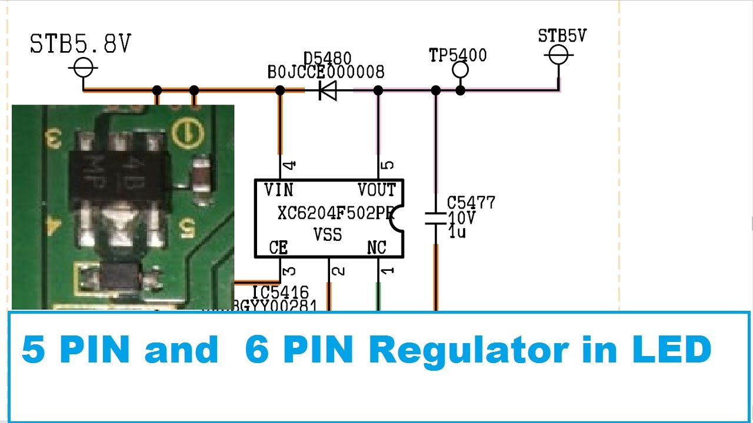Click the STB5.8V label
click(x=81, y=45)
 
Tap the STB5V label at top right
click(x=562, y=36)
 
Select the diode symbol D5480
click(x=328, y=90)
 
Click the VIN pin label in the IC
click(x=278, y=190)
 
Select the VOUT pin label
click(x=376, y=190)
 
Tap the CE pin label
click(x=278, y=248)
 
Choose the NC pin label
click(x=376, y=248)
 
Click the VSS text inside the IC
click(x=328, y=234)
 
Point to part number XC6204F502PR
click(x=334, y=213)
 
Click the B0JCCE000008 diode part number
click(x=326, y=72)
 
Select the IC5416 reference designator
click(x=281, y=292)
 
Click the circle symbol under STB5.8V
click(x=83, y=68)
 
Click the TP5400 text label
click(x=458, y=56)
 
